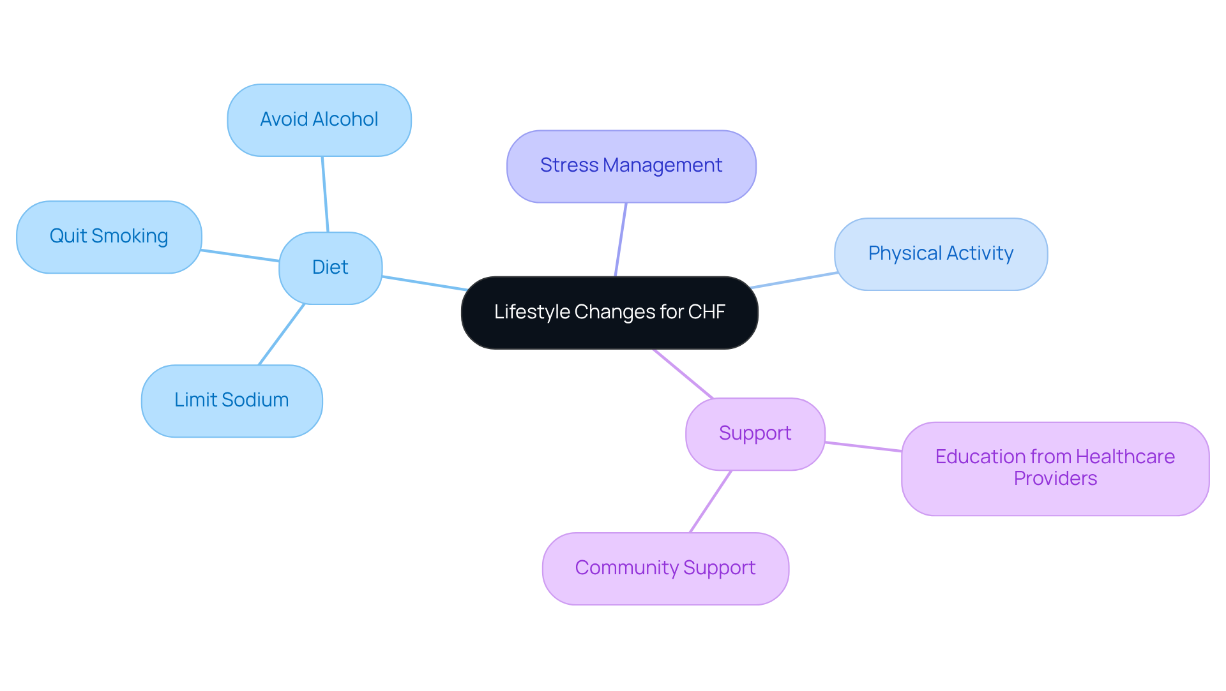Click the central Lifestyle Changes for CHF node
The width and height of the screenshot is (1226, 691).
coord(609,313)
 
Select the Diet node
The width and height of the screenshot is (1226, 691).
coord(330,268)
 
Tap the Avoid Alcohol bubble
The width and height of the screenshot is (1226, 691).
coord(319,120)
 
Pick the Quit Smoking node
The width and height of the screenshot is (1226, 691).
coord(109,237)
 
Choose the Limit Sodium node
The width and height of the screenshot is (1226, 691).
coord(231,401)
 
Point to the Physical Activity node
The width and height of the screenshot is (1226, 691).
coord(940,254)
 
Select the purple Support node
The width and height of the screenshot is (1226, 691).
coord(755,434)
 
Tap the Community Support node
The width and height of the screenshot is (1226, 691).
coord(665,568)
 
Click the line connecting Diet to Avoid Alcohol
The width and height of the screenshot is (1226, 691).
coord(325,195)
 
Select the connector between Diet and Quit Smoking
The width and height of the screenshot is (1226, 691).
coord(240,256)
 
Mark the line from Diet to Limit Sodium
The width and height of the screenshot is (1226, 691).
coord(282,334)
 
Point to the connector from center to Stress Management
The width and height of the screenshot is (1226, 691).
coord(621,240)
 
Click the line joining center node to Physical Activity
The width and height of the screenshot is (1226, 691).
coord(794,280)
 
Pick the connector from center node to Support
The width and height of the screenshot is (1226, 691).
coord(683,374)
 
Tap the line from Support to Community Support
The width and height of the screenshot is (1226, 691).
coord(710,502)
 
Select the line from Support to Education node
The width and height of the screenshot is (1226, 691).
coord(863,447)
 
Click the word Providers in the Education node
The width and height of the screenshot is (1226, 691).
coord(1055,479)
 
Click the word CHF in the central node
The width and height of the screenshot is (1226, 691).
coord(706,312)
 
